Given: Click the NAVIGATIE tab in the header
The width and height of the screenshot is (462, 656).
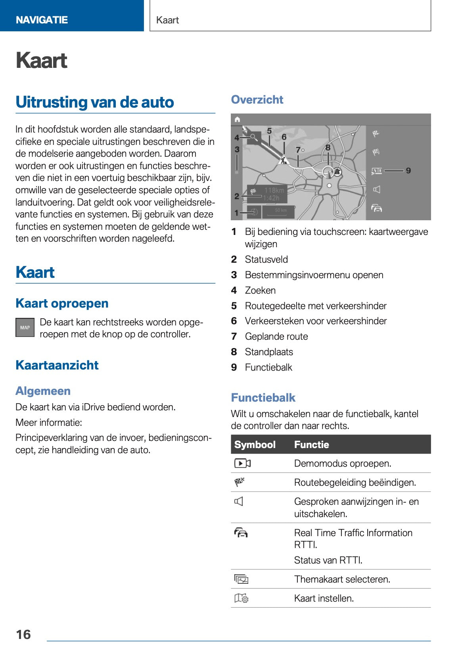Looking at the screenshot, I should tap(42, 20).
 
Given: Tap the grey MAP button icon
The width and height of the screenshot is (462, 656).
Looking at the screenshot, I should tap(25, 327).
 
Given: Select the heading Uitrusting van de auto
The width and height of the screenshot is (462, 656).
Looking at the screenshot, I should tap(95, 102).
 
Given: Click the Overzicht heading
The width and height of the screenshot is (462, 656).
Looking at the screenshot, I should tap(257, 100).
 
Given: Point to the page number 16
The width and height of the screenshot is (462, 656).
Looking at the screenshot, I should tap(23, 634).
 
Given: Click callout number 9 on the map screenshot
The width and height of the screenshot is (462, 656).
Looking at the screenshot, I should tap(408, 171).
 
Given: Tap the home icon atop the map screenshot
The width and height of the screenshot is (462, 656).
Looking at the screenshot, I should tap(237, 119).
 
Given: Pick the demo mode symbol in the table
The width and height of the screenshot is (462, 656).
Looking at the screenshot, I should tap(242, 463).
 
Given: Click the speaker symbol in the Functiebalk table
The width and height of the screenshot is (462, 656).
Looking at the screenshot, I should tap(239, 502).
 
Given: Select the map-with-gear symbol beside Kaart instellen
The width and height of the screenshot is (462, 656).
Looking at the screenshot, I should tap(241, 598).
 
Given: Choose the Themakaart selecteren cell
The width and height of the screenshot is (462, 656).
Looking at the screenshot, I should tap(342, 579).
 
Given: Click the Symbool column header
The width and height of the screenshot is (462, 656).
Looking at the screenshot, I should tap(255, 444).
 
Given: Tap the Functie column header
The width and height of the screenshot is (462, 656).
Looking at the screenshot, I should tap(311, 444).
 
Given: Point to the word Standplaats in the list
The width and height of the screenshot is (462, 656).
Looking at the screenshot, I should tap(269, 352).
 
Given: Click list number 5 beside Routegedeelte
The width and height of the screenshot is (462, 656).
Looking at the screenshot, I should tap(234, 306).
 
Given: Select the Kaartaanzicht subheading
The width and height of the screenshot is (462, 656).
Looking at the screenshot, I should tap(57, 365).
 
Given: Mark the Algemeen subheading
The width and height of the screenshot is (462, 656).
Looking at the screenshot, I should tap(43, 391).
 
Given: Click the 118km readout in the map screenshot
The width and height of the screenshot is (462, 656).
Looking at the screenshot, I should tap(274, 190).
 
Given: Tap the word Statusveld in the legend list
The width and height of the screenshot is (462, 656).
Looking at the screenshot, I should tap(266, 260).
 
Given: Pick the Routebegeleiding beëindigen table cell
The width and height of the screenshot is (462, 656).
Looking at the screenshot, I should tap(355, 482).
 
